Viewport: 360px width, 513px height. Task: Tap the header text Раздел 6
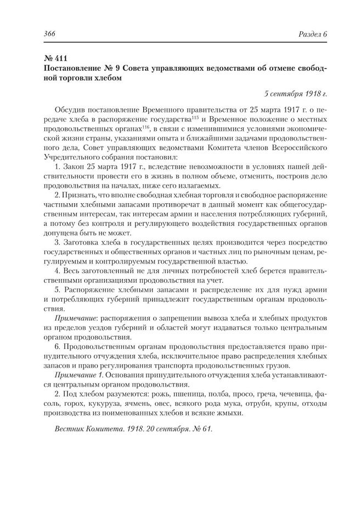(x=310, y=34)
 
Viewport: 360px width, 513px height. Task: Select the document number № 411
(x=55, y=58)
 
